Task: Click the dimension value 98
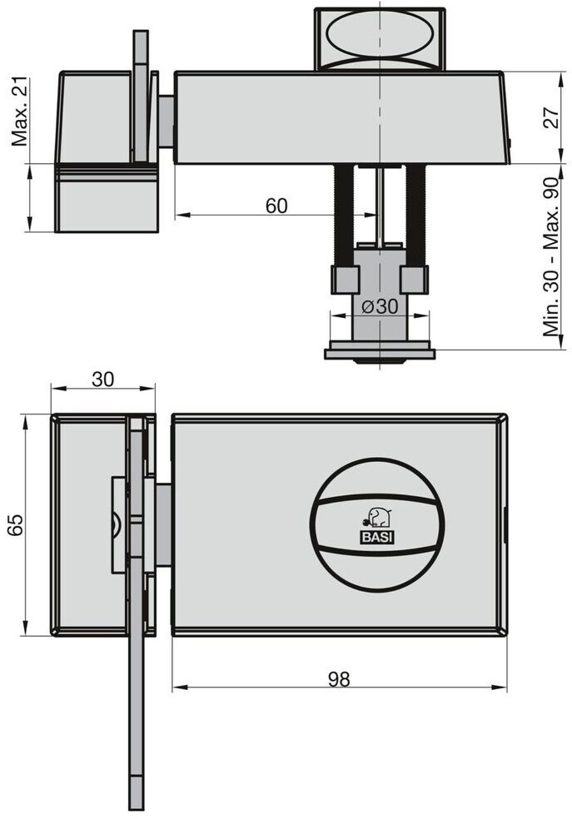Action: [339, 678]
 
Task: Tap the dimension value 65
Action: [15, 524]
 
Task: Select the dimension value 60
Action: [276, 206]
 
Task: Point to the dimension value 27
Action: [552, 117]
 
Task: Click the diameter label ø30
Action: [380, 306]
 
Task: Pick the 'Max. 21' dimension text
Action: [20, 112]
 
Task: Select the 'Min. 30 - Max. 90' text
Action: [552, 257]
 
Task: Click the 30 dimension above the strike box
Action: [102, 380]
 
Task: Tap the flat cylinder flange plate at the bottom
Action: [380, 354]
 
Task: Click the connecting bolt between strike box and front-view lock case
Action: [164, 524]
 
